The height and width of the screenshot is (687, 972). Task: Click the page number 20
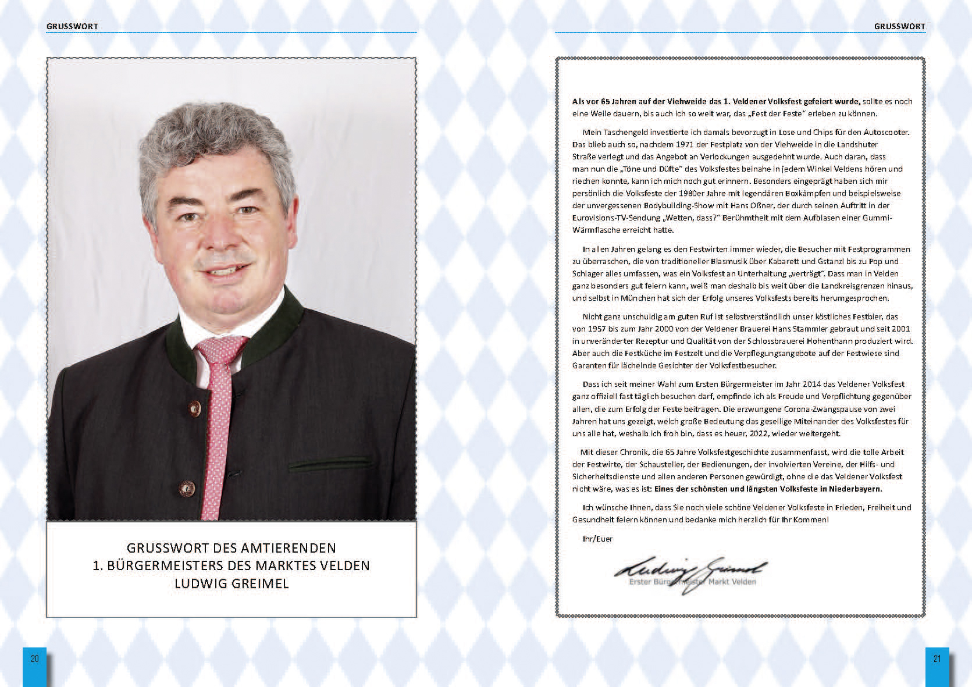coord(34,658)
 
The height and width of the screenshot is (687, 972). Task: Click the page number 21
coord(937,658)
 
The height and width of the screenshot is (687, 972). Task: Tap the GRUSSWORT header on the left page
coord(72,26)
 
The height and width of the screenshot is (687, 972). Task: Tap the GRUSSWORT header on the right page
coord(899,26)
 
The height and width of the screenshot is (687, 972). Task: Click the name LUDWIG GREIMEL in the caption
coord(232,583)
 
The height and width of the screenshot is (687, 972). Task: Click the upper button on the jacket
coord(195,407)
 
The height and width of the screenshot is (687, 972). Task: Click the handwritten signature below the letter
coord(691,572)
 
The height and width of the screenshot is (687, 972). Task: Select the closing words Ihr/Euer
coord(597,539)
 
